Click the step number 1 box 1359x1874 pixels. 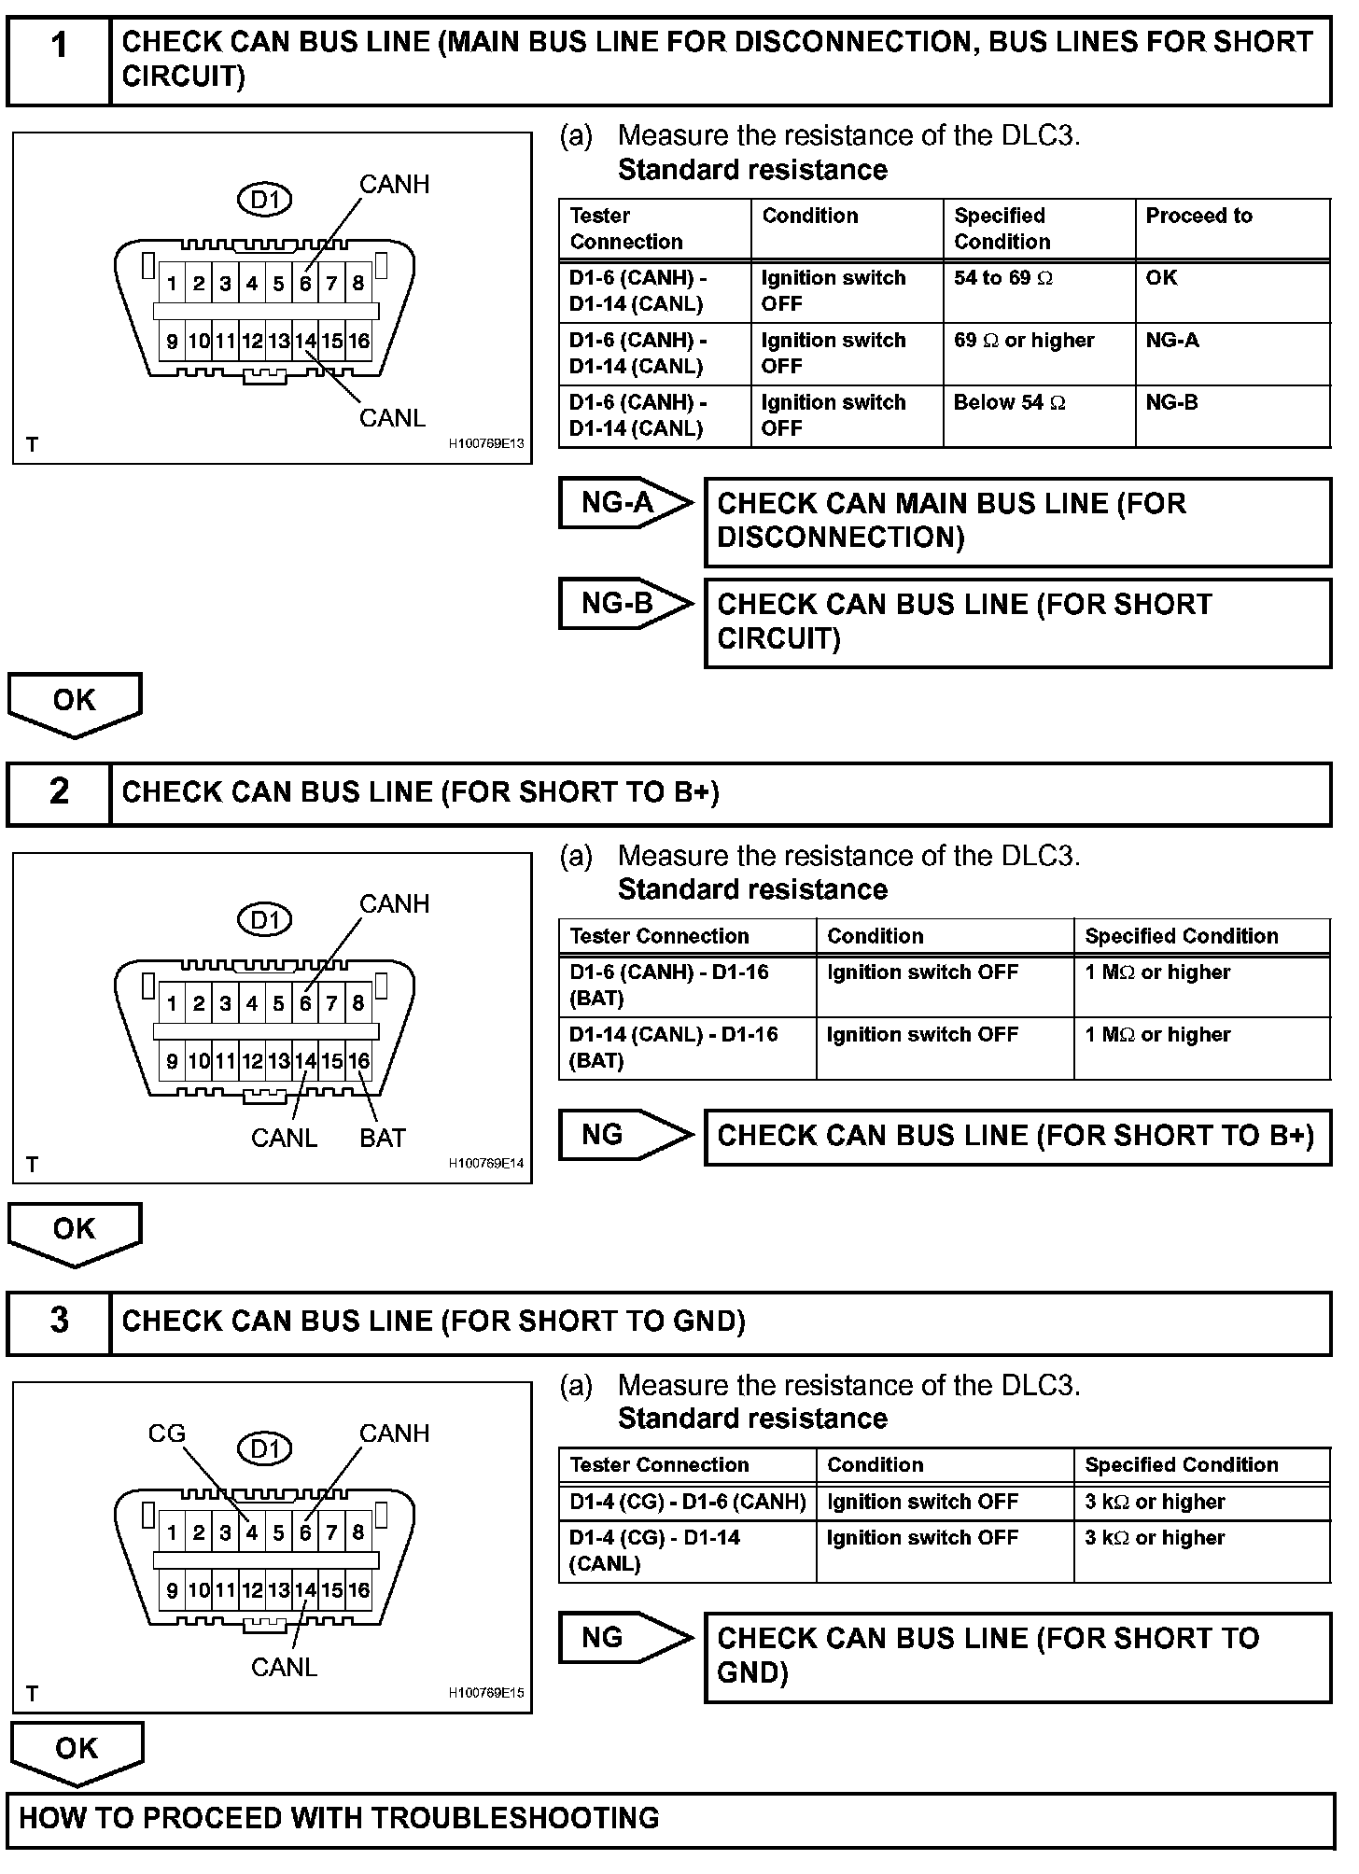tap(59, 61)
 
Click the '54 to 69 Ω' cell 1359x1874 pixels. tap(1002, 278)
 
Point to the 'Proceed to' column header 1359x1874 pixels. tap(1198, 217)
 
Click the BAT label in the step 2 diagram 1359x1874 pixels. tap(382, 1138)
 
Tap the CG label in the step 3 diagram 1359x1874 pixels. tap(167, 1433)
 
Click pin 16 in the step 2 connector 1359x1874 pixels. tap(359, 1061)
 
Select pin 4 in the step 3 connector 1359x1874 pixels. tap(252, 1532)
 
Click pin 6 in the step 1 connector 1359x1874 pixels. tap(305, 284)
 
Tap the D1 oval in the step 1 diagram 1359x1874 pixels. tap(265, 200)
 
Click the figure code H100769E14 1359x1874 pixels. tap(486, 1164)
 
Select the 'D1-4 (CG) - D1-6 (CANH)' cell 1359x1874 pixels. tap(687, 1503)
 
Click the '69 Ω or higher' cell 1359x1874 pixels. tap(1024, 341)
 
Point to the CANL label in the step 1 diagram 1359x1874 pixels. tap(392, 418)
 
